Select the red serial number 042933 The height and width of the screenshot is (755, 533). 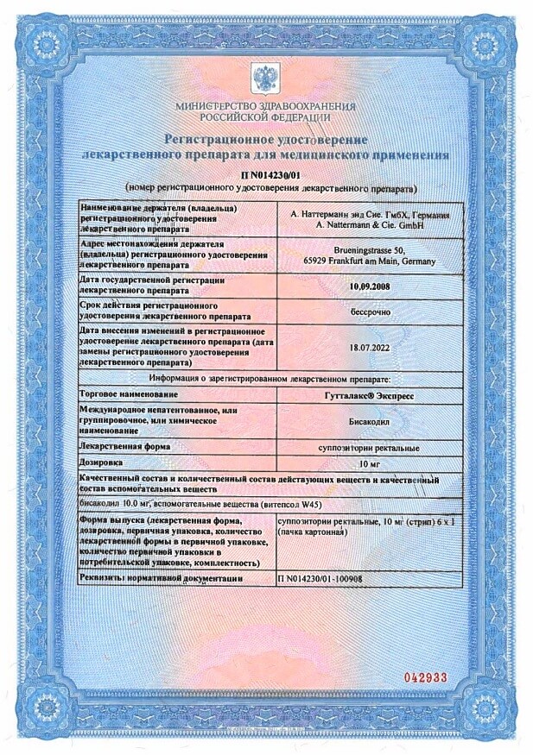pyautogui.click(x=425, y=677)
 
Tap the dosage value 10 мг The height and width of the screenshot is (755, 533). pyautogui.click(x=370, y=464)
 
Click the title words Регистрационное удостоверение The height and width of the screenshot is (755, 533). pyautogui.click(x=263, y=140)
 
